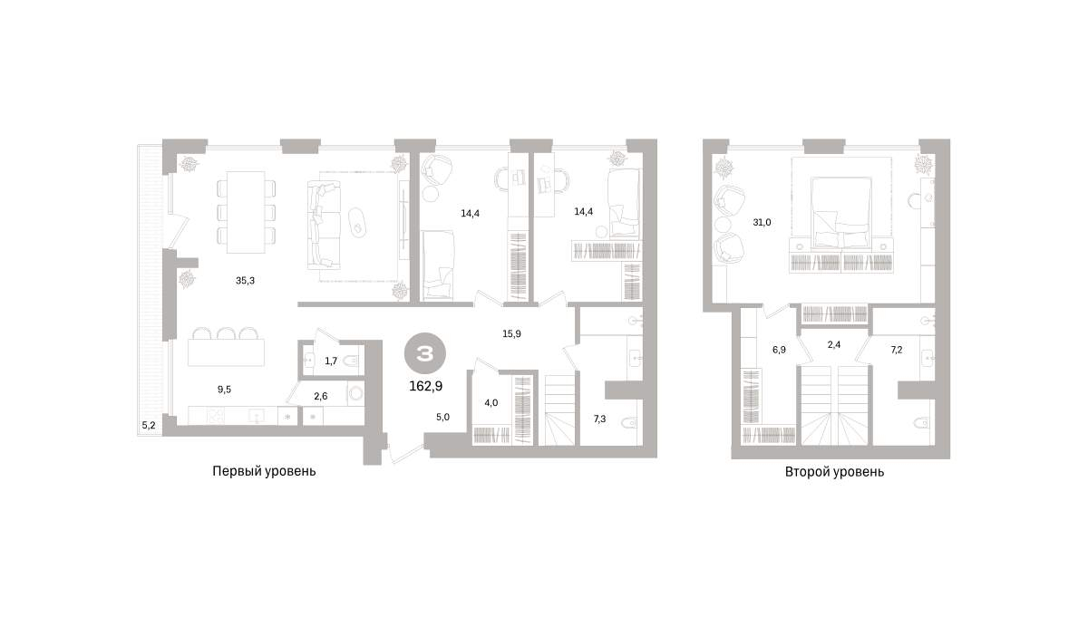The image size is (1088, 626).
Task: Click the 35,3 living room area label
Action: click(x=245, y=281)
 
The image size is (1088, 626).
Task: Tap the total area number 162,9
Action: click(x=425, y=386)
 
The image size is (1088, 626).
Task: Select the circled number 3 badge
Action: click(x=425, y=353)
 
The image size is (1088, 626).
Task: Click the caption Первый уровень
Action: click(x=264, y=471)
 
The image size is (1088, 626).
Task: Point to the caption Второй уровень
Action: click(x=834, y=472)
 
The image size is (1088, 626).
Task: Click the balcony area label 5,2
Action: click(x=149, y=426)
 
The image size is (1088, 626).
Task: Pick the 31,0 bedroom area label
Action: click(x=762, y=223)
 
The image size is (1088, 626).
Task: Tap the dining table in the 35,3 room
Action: click(x=247, y=212)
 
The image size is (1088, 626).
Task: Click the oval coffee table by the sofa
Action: click(x=358, y=223)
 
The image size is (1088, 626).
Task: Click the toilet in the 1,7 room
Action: click(x=350, y=361)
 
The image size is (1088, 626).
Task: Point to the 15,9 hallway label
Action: click(x=511, y=334)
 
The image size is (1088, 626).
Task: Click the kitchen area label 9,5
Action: click(x=224, y=390)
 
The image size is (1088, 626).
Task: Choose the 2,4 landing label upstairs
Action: click(x=833, y=345)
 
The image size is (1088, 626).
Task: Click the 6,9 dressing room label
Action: click(x=779, y=350)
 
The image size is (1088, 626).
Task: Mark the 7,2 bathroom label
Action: click(x=896, y=350)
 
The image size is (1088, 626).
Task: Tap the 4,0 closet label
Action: click(x=491, y=403)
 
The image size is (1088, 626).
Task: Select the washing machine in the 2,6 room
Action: click(x=356, y=392)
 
